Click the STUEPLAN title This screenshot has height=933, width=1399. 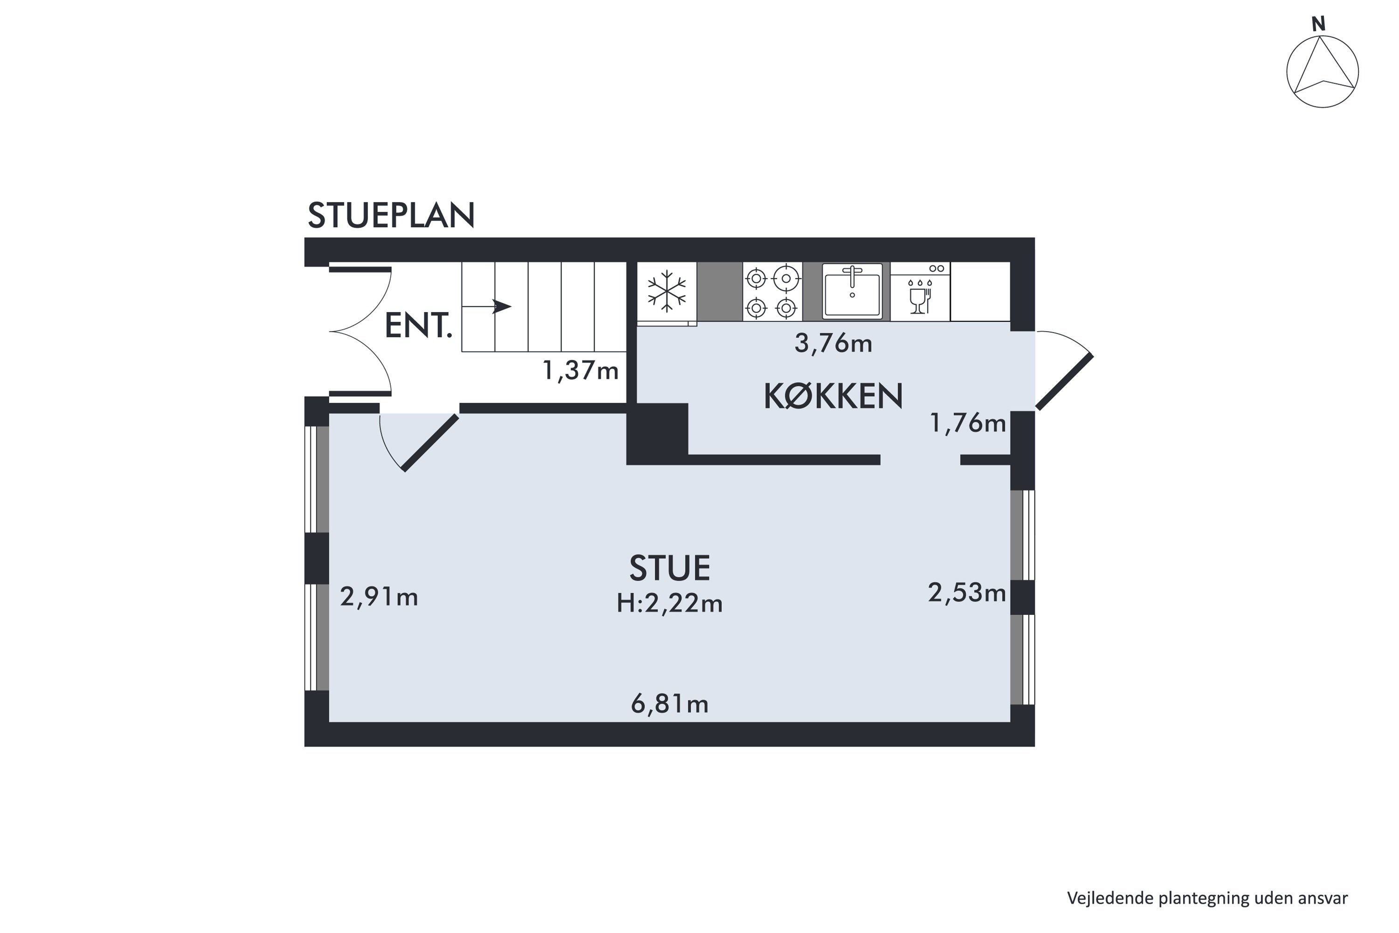pyautogui.click(x=391, y=216)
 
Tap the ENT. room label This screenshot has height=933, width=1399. pyautogui.click(x=418, y=326)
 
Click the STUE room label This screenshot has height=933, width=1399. pyautogui.click(x=670, y=568)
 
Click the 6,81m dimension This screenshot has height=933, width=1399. pyautogui.click(x=670, y=704)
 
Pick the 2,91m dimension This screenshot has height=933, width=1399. pyautogui.click(x=379, y=597)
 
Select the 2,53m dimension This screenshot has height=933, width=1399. pyautogui.click(x=967, y=592)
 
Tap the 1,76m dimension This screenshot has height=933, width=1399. pyautogui.click(x=968, y=423)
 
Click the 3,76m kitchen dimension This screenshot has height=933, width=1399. pyautogui.click(x=833, y=344)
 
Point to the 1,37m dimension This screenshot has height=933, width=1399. pyautogui.click(x=581, y=371)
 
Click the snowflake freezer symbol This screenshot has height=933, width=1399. pyautogui.click(x=667, y=292)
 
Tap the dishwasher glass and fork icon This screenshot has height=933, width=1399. pyautogui.click(x=920, y=296)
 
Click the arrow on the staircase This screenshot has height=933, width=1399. pyautogui.click(x=501, y=307)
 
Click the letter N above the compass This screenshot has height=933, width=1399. pyautogui.click(x=1319, y=24)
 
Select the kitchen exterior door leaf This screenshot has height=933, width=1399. pyautogui.click(x=1065, y=382)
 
